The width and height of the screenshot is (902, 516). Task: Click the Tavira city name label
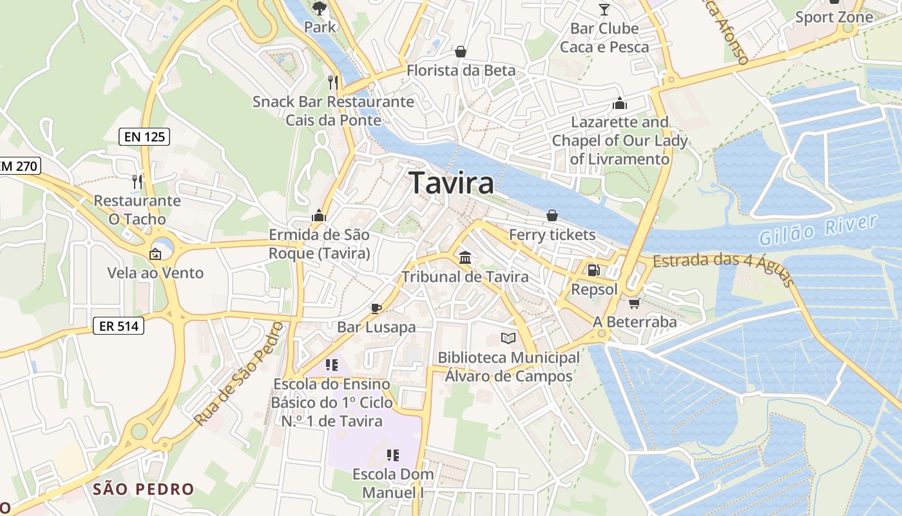point(452,183)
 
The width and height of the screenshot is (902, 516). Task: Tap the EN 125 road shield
point(144,137)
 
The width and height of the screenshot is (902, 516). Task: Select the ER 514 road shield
point(119,326)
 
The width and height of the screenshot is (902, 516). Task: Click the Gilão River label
point(818,230)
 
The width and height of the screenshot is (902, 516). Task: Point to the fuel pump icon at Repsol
point(593,270)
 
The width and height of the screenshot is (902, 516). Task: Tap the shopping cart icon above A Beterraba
point(634,303)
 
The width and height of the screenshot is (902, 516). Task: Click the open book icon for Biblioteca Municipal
point(508,338)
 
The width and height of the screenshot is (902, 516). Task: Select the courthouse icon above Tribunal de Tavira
point(465,258)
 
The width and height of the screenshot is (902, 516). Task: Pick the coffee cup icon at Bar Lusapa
point(376,308)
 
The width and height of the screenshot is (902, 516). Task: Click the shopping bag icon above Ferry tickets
point(552,215)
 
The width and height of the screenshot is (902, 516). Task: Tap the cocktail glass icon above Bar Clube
point(604,9)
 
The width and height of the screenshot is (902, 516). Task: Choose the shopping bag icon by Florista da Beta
point(461,52)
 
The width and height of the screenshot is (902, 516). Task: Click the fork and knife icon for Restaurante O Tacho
point(137,182)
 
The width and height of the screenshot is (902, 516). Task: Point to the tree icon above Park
point(319,8)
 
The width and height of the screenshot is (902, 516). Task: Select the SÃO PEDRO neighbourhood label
point(143,489)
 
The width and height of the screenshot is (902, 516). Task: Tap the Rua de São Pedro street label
point(239,374)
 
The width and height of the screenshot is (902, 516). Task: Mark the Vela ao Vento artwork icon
point(155,254)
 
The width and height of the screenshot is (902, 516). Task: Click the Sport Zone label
point(834,17)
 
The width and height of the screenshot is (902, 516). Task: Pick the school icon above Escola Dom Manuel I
point(393,455)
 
